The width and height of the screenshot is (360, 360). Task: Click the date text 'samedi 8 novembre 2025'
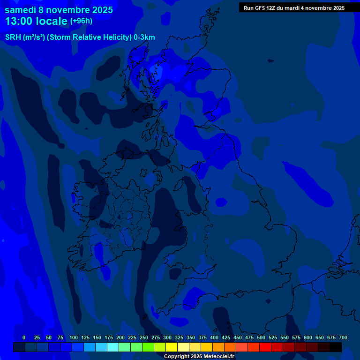tap(59, 10)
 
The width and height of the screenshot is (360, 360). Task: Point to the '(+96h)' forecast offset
tap(81, 21)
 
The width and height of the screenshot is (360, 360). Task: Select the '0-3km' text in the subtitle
tap(144, 37)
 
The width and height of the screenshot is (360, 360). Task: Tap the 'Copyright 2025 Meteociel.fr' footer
tap(199, 356)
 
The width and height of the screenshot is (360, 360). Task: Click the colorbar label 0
tap(24, 337)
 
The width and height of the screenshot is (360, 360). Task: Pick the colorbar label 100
tap(74, 337)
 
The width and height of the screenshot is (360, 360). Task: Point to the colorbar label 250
tap(144, 337)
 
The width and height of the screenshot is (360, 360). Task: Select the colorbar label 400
tap(214, 337)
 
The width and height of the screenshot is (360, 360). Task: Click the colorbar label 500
tap(261, 337)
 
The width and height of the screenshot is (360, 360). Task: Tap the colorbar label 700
tap(343, 337)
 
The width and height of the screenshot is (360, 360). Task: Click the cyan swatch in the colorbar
tap(112, 347)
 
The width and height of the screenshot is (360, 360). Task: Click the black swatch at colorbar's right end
tap(335, 347)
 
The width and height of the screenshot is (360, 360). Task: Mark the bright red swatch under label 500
tap(265, 347)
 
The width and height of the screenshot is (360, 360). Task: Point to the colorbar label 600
tap(308, 337)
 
